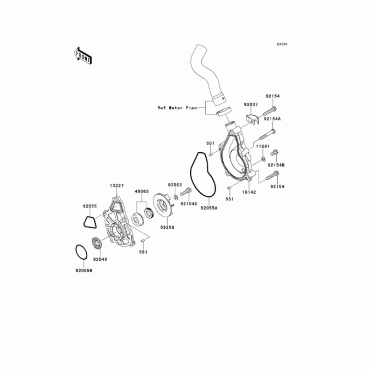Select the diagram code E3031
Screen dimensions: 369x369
click(282, 44)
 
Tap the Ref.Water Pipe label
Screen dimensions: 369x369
click(177, 108)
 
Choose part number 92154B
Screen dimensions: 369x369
click(277, 165)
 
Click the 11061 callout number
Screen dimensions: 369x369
click(262, 146)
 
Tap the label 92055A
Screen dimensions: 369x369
click(208, 208)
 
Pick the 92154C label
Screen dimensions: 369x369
click(189, 203)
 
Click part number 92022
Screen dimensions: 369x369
click(176, 184)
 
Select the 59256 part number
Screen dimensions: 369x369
click(167, 227)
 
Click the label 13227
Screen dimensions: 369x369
click(117, 185)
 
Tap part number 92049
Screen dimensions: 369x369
click(100, 260)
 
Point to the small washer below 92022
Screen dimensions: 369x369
click(178, 191)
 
